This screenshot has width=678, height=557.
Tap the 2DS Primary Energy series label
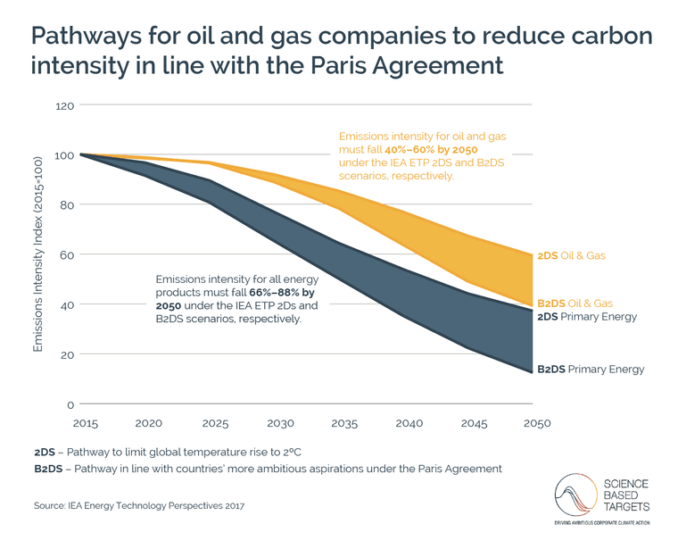pyautogui.click(x=586, y=317)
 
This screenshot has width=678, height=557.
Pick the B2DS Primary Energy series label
pyautogui.click(x=590, y=369)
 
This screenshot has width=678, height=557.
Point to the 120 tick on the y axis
pyautogui.click(x=64, y=105)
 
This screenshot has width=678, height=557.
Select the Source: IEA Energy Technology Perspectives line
pyautogui.click(x=139, y=506)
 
